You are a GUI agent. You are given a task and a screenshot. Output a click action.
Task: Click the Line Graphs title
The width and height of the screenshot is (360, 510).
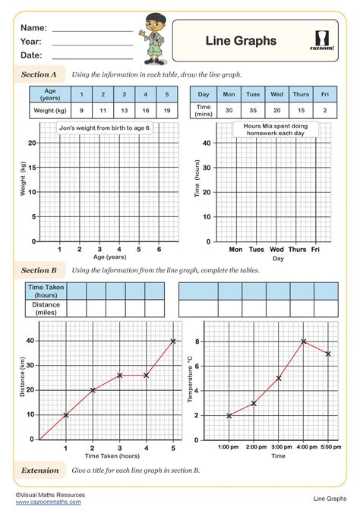point(241,41)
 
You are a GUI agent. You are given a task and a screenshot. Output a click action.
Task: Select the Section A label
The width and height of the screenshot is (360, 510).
point(39,75)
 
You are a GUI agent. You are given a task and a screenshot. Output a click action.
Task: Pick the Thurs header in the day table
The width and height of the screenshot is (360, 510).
point(301,95)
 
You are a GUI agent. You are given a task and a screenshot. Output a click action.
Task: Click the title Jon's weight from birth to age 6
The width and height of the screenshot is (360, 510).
point(105,128)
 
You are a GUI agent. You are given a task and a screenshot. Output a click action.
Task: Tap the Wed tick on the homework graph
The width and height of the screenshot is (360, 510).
point(277,249)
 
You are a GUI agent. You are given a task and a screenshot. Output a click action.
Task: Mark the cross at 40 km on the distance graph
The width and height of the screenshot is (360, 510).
point(173,342)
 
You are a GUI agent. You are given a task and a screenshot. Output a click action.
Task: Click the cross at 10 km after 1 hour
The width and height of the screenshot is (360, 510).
point(66,415)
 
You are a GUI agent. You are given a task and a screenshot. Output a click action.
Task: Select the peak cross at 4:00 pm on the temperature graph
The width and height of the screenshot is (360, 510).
point(304,342)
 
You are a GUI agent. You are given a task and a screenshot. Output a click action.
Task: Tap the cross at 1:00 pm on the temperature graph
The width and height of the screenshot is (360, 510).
point(229,415)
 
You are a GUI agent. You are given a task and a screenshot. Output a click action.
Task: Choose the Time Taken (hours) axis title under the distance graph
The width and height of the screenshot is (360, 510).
point(112,456)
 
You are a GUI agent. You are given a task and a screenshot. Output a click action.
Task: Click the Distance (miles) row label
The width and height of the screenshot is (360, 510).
point(46,307)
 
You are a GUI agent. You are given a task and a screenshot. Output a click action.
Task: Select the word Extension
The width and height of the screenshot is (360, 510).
point(40,471)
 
